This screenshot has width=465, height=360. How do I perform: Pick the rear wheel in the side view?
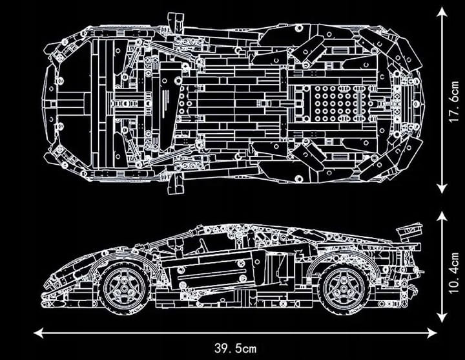pos(344,286)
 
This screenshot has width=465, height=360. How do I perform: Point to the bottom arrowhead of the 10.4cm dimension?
pos(442,319)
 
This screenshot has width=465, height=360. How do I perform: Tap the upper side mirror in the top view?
pos(174,19)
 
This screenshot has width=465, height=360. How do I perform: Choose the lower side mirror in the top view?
pos(174,184)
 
